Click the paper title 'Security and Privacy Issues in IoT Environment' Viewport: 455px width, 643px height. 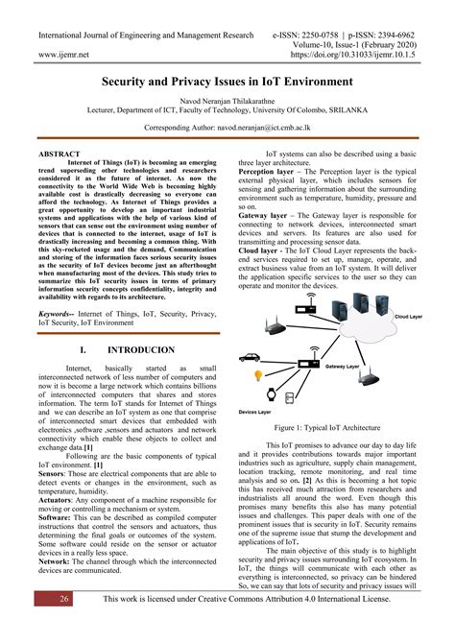[x=227, y=84]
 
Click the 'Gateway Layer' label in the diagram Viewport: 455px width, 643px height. [x=343, y=367]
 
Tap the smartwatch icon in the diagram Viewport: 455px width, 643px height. [x=275, y=393]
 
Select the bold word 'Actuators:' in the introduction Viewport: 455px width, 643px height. [x=60, y=501]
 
